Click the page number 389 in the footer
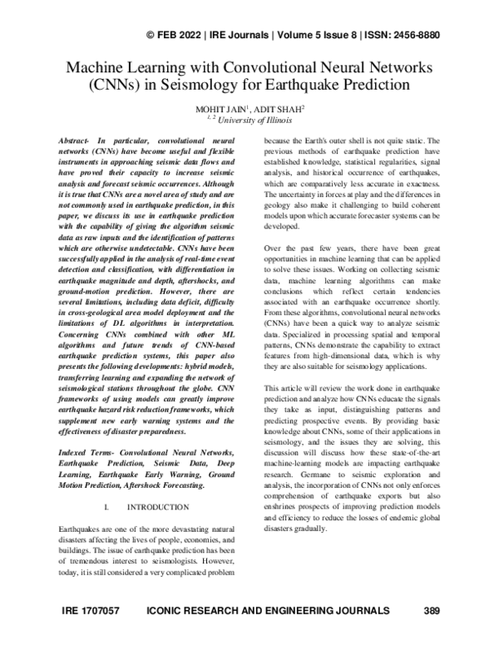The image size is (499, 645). coord(431,611)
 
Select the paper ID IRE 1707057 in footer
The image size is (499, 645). coord(91,611)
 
